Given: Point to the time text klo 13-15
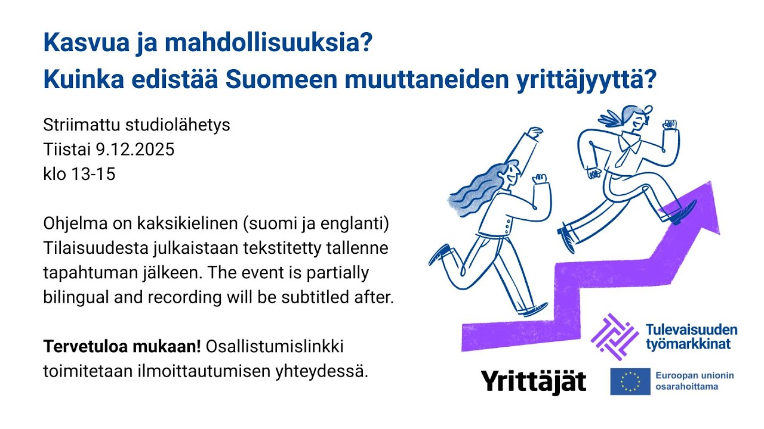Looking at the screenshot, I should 79,174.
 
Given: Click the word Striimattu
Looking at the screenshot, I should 81,125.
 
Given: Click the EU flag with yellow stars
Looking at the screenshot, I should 630,381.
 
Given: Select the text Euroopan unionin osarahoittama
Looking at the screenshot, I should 694,381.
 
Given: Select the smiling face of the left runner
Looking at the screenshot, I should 512,173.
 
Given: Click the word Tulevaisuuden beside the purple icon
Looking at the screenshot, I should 691,329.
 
